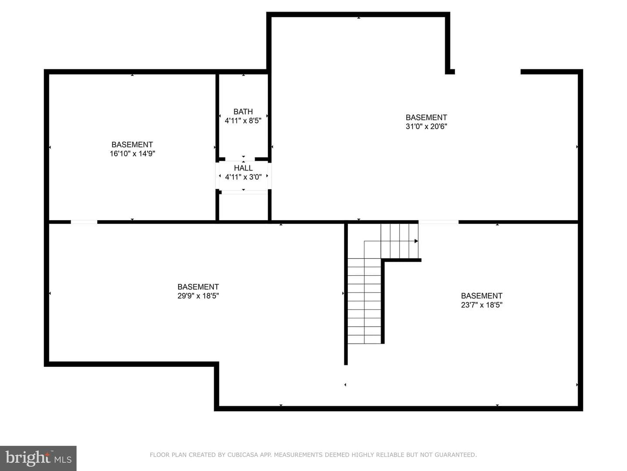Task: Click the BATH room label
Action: click(x=243, y=112)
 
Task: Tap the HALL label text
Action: click(x=243, y=168)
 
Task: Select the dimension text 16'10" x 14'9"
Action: click(x=132, y=154)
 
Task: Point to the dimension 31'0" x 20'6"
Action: click(x=426, y=126)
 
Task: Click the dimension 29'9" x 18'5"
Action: click(x=198, y=296)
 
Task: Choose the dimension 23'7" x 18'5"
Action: click(x=482, y=305)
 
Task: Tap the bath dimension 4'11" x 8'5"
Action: click(x=243, y=121)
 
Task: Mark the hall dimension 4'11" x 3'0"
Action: click(x=243, y=177)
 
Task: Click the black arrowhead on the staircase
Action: click(x=416, y=241)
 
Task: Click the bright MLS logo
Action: click(x=38, y=458)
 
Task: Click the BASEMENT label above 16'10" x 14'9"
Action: click(x=132, y=144)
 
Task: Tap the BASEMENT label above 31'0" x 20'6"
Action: click(x=426, y=118)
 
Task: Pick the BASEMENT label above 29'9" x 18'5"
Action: click(x=198, y=287)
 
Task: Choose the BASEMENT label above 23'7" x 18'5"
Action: click(x=482, y=296)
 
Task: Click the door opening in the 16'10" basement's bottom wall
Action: click(x=84, y=222)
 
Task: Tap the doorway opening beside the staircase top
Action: click(x=438, y=222)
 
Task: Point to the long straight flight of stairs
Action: click(x=364, y=301)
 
